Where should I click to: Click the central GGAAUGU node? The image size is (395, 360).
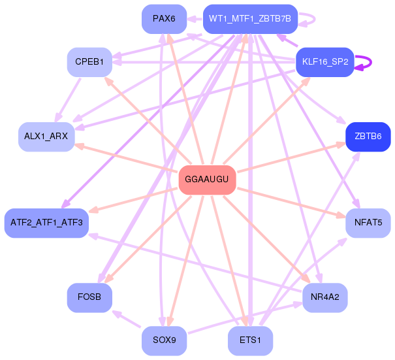pos(207,180)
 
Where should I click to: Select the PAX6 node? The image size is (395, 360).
pos(164,18)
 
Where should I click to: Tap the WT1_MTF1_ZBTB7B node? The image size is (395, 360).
pos(249,18)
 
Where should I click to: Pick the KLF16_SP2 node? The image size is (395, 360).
pos(324,62)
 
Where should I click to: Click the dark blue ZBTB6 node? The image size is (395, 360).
pos(368,137)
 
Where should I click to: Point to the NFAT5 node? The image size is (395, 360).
pos(368,223)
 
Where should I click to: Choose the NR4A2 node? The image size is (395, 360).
pos(324,297)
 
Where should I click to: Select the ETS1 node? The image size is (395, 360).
pos(249,340)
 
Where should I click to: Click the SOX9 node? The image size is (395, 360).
pos(164,340)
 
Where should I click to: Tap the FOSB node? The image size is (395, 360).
pos(89,297)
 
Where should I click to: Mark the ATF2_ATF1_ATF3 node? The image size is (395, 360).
pos(46,223)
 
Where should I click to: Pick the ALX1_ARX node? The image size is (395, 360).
pos(46,137)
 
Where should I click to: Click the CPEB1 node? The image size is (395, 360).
pos(89,62)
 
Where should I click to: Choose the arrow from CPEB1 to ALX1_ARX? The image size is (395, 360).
pos(69,98)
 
